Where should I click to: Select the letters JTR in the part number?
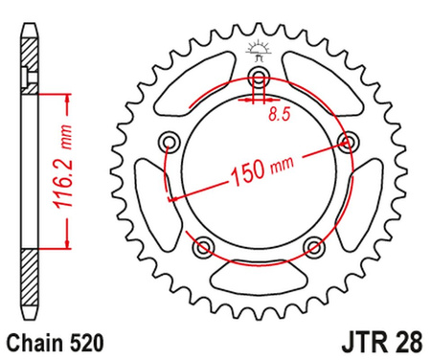[x=355, y=340]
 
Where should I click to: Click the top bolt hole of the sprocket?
[x=259, y=79]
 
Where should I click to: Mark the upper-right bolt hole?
[x=347, y=143]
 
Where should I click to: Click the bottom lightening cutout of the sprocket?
[x=259, y=277]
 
